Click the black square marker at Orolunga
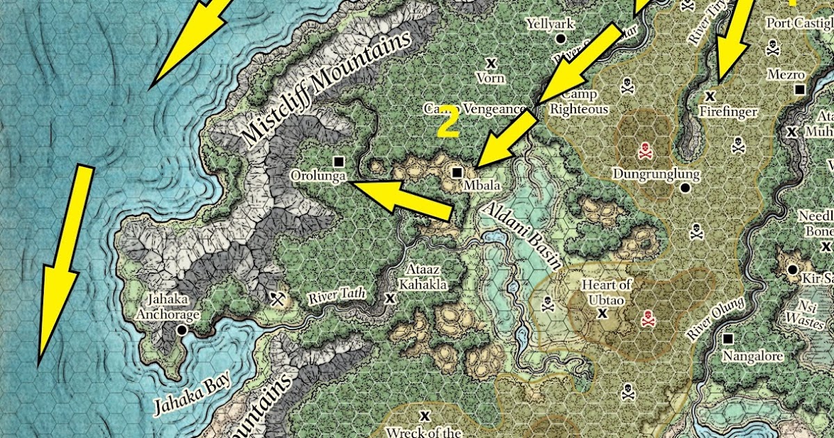point(338,161)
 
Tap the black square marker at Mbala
point(457,172)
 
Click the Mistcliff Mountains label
point(327,90)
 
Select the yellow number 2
point(448,122)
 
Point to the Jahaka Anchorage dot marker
point(181,330)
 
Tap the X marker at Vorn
point(491,63)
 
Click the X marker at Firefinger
point(710,95)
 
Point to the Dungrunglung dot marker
point(685,188)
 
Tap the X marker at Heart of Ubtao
point(603,314)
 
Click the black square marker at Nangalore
point(728,339)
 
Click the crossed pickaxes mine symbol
point(279,299)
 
